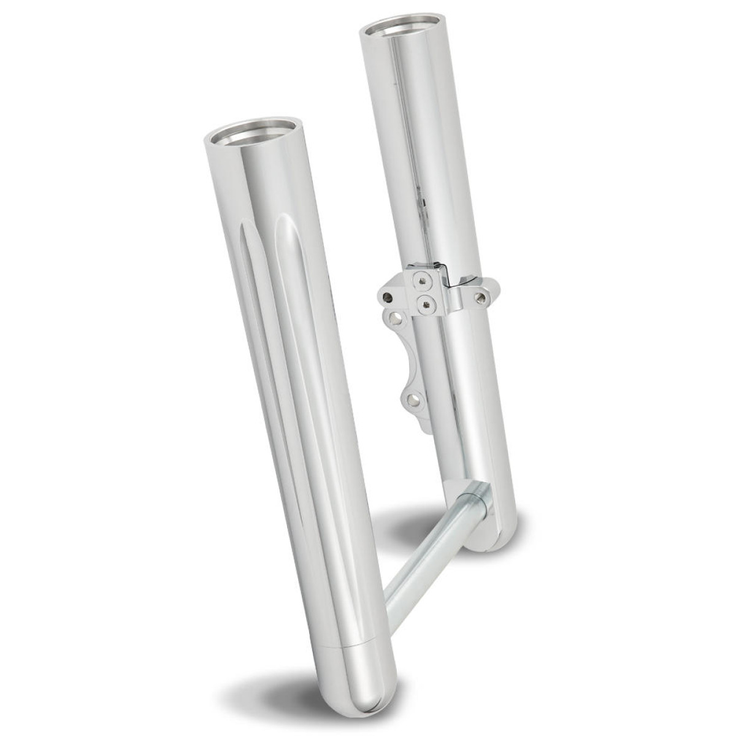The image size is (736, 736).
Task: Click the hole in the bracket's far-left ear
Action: coord(386,297)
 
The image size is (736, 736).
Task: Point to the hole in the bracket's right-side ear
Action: coord(480,299)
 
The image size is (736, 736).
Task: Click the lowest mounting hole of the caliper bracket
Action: coord(415,402)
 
